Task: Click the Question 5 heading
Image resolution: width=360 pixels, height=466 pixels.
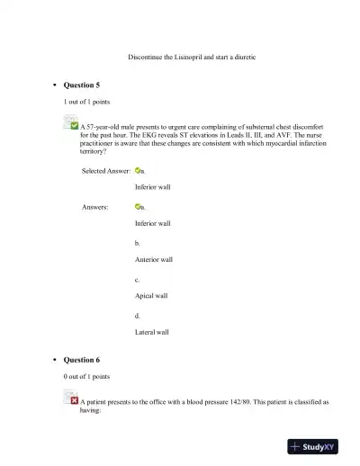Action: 81,85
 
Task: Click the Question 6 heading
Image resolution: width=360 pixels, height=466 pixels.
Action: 81,360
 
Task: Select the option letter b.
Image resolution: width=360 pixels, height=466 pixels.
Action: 137,243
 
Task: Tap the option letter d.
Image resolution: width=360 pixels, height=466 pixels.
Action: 137,316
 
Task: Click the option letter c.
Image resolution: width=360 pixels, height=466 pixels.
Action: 137,279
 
